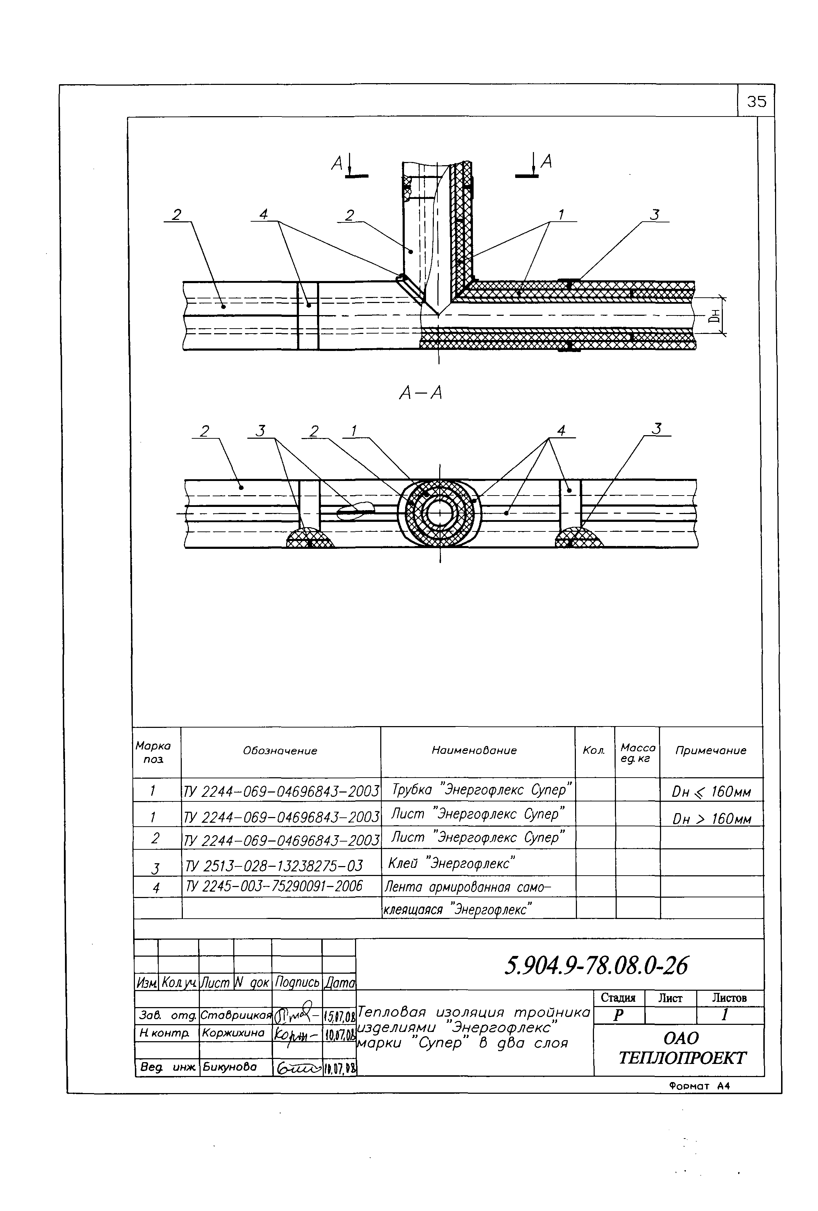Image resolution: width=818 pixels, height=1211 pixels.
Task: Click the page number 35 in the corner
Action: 756,101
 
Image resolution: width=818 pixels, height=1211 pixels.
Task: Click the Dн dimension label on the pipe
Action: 716,316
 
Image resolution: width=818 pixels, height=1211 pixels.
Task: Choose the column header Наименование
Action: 474,750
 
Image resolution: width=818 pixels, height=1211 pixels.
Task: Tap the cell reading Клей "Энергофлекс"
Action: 451,864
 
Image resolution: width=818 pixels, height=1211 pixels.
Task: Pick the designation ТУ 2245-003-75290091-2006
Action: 274,886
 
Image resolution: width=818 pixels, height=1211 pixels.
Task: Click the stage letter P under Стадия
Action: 618,1015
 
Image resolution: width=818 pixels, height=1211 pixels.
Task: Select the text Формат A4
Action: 699,1086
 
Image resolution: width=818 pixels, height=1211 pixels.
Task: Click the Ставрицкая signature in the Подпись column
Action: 296,1013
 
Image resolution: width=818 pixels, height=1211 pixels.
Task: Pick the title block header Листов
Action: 729,998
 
